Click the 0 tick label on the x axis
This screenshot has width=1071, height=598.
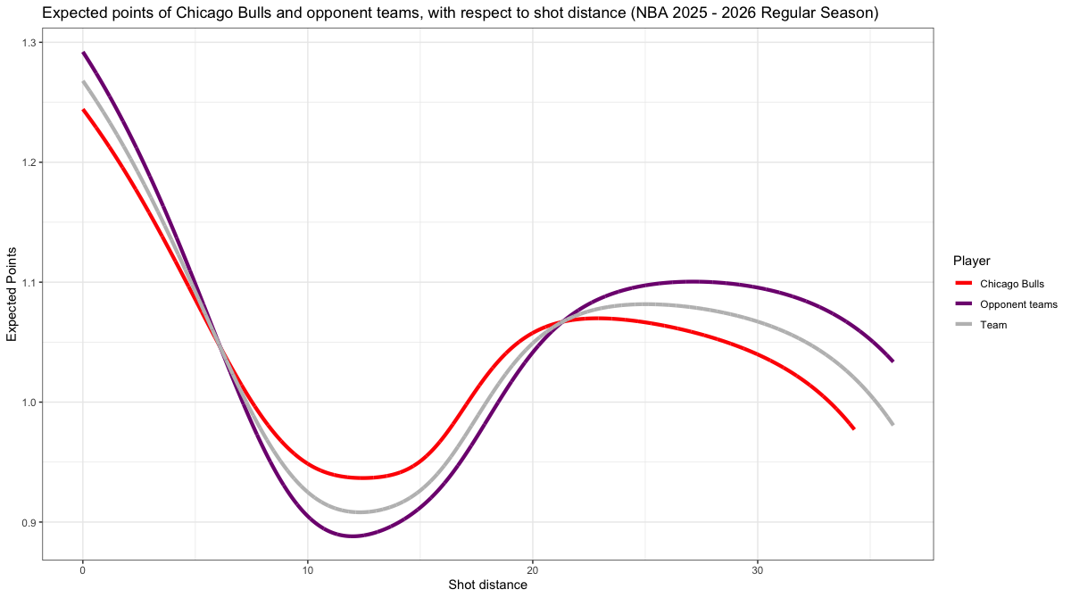pos(83,569)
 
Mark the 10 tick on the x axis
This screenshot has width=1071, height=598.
pos(308,569)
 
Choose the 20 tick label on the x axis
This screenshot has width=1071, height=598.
pos(533,569)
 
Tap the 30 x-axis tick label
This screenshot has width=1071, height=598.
pos(758,569)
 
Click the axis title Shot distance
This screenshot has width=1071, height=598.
pos(487,586)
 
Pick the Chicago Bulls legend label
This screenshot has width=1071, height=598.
pos(1012,284)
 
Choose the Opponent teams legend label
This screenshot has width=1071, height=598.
pos(1018,304)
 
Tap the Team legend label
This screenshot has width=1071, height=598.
pos(993,325)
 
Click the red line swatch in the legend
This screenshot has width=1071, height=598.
pos(963,284)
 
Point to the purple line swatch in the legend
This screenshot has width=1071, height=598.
pos(963,304)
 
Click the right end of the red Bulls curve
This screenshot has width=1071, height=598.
pos(854,428)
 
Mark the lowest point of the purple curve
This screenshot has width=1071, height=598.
pos(353,536)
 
